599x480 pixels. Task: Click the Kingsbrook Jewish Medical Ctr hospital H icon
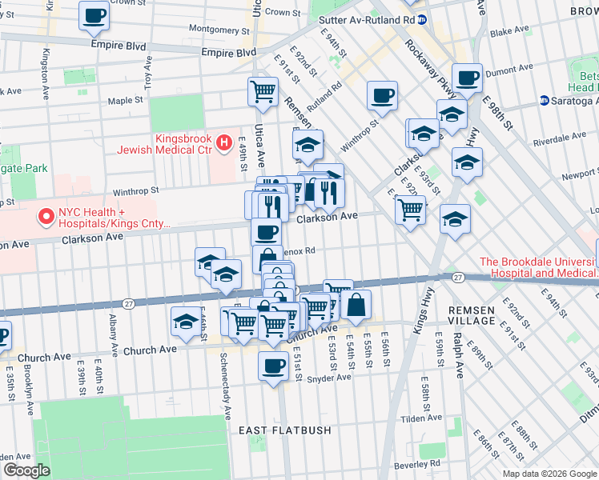(x=225, y=143)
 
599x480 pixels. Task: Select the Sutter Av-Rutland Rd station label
(x=366, y=19)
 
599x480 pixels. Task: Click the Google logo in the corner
(x=26, y=470)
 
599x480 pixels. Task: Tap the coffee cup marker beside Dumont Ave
(x=467, y=78)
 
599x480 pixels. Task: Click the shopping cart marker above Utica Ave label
(x=263, y=92)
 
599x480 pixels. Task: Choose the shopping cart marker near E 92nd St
(x=410, y=210)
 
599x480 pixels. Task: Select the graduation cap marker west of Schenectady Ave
(x=187, y=322)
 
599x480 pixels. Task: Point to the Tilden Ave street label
(x=420, y=418)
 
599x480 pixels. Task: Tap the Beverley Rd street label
(x=424, y=463)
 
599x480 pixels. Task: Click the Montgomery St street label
(x=208, y=29)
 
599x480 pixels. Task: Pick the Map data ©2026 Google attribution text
(x=549, y=474)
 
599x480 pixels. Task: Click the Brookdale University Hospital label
(x=538, y=267)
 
